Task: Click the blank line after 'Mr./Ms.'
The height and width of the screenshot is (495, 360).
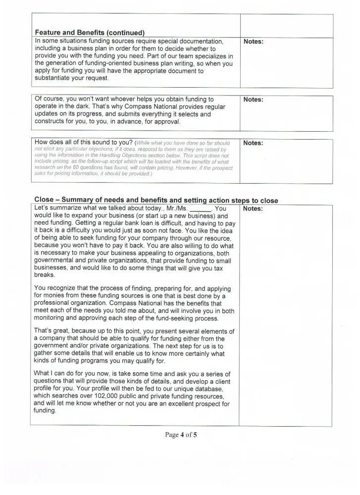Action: click(200, 209)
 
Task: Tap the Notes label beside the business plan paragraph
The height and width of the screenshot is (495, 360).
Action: click(253, 42)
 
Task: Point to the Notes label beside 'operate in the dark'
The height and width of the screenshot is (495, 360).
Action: click(253, 99)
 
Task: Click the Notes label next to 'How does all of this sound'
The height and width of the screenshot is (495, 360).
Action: click(253, 143)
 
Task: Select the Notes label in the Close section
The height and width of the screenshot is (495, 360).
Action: click(253, 209)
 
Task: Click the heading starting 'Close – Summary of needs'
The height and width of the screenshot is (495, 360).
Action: click(156, 200)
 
